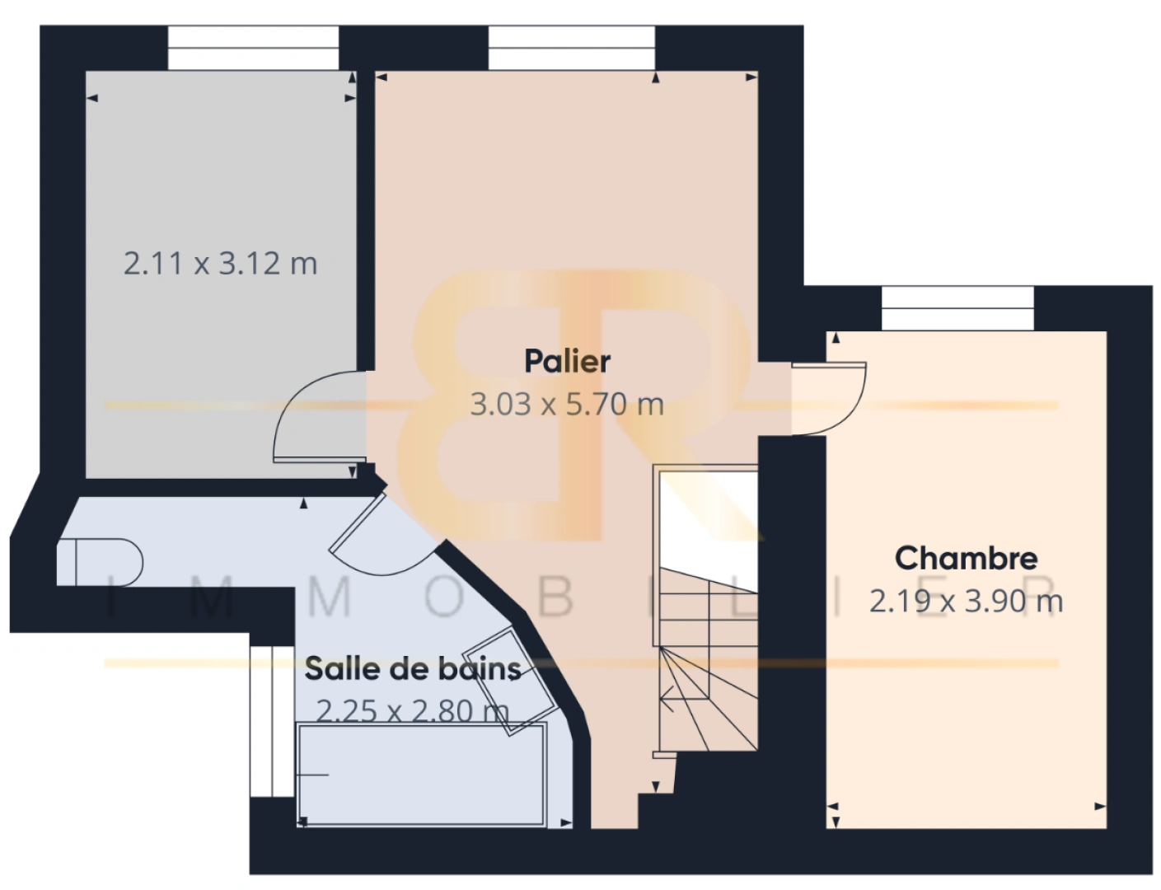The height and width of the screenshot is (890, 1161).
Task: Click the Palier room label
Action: pos(567,362)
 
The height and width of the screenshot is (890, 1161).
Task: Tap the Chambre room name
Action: pos(966,559)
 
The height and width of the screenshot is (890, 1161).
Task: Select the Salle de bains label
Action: pos(413,669)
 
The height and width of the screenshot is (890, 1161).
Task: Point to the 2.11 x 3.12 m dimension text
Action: pos(220,264)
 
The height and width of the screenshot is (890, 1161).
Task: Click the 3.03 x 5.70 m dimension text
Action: pos(567,405)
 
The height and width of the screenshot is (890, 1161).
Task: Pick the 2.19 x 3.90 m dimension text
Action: pos(966,602)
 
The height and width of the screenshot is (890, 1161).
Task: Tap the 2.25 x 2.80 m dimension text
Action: pos(413,711)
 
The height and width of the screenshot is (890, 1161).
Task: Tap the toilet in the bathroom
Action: pos(100,562)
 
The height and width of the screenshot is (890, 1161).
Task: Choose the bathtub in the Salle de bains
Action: pos(422,775)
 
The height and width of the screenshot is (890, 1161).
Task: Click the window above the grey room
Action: pos(253,48)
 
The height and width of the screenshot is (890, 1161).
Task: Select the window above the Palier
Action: pos(571,48)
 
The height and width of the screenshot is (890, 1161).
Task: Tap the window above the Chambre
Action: pos(957,309)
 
